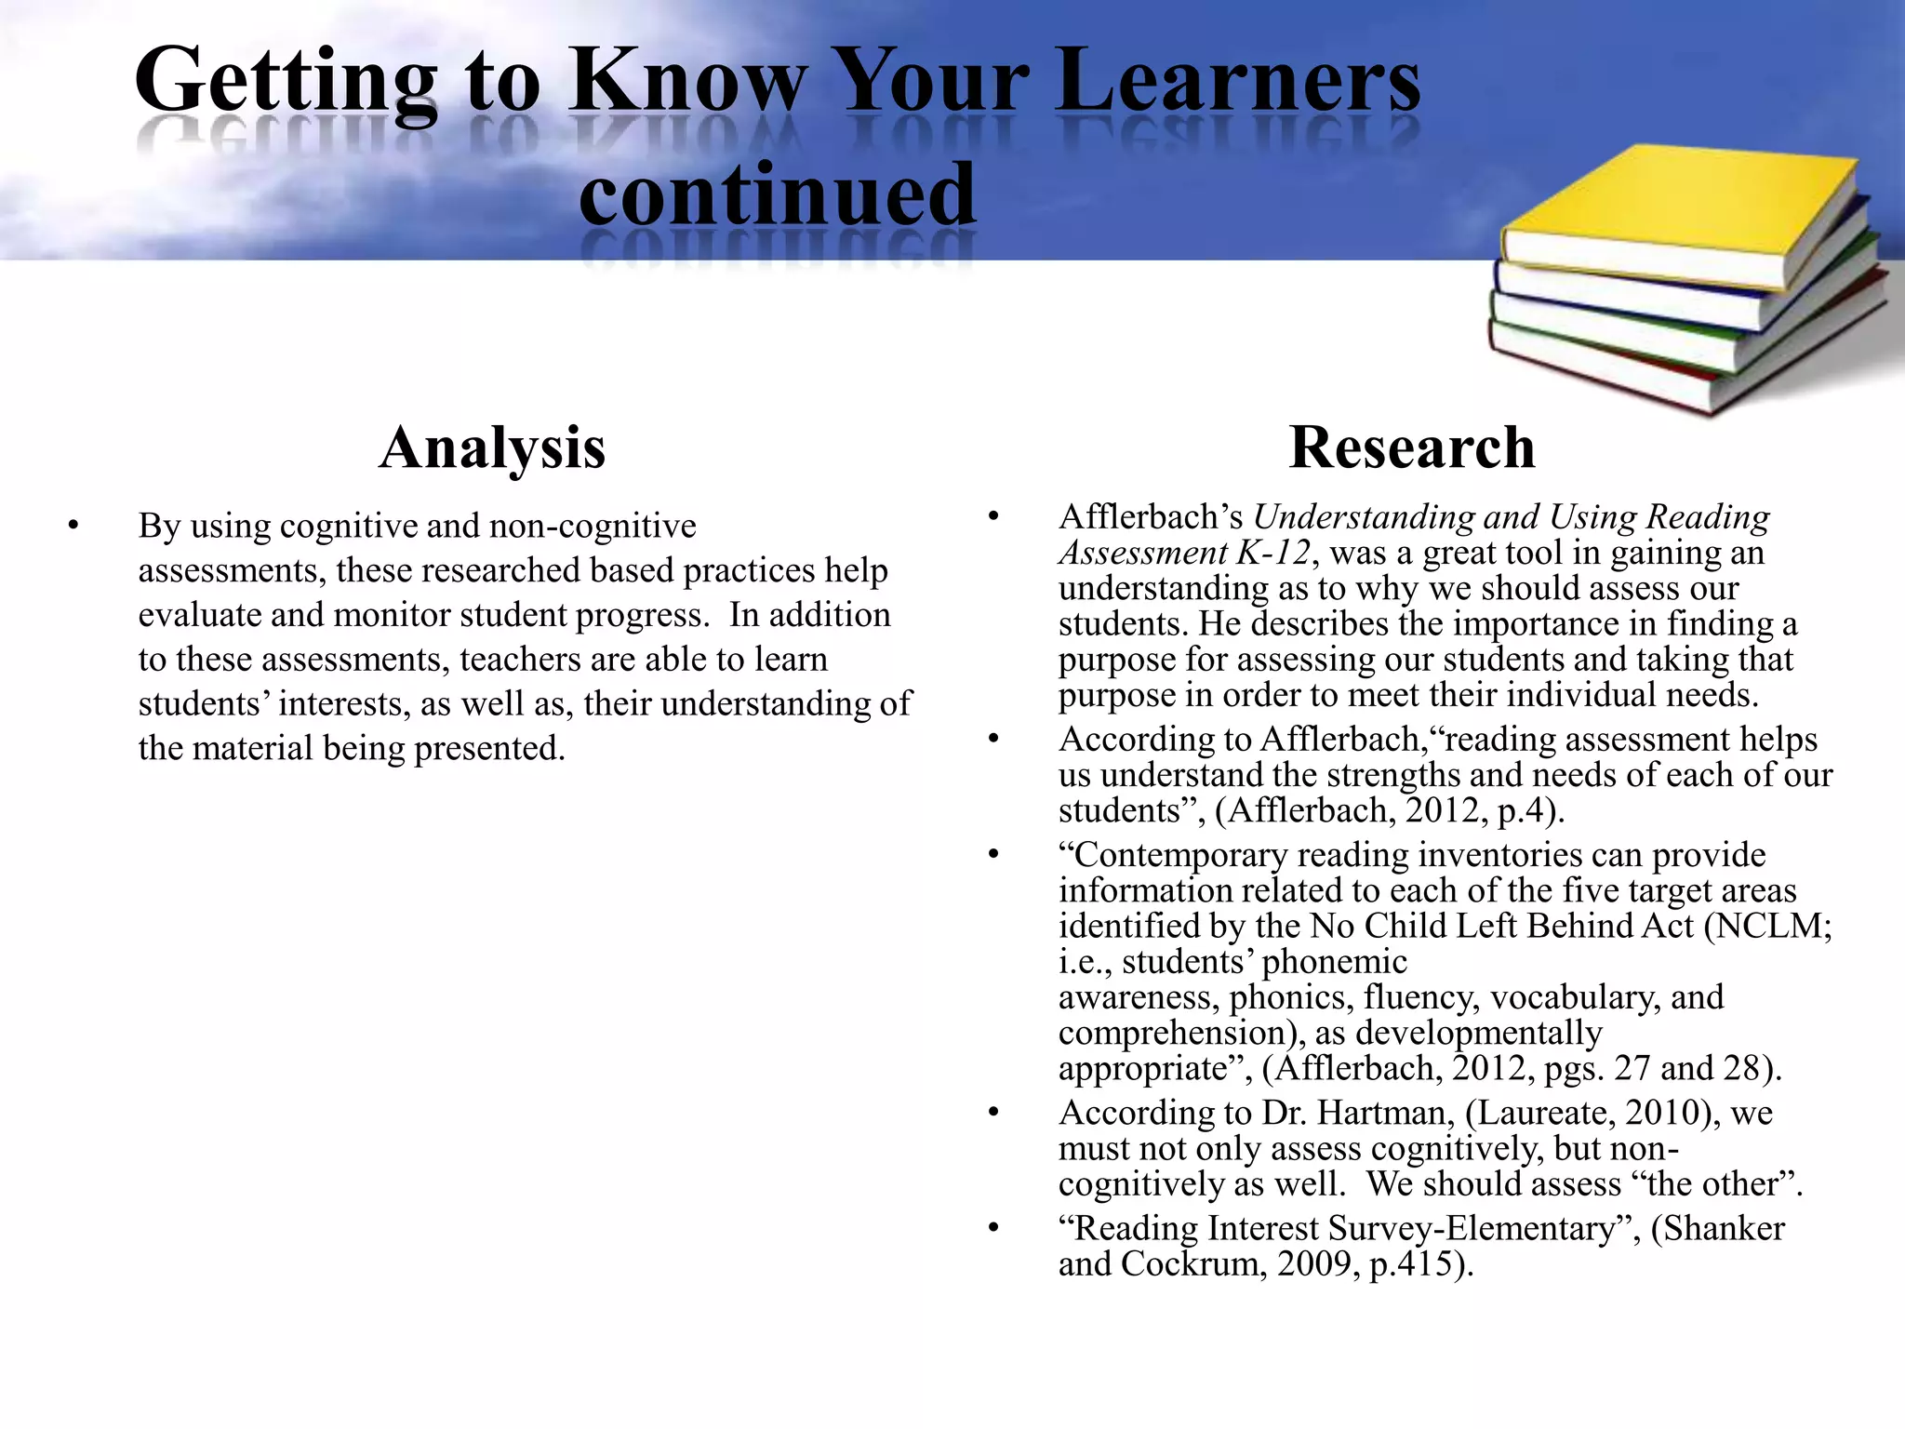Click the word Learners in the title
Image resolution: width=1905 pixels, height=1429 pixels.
coord(1238,82)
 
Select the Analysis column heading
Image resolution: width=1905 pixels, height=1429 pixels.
coord(492,447)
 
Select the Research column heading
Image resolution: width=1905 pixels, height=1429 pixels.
coord(1411,447)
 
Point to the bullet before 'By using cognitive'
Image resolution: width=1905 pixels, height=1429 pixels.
coord(73,527)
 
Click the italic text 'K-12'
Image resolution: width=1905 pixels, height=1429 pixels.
coord(1272,553)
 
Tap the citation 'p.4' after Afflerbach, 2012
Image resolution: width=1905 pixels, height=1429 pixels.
coord(1522,810)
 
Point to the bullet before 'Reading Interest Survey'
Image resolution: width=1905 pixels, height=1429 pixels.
coord(993,1229)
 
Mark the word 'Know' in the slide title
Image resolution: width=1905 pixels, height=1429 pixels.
coord(688,82)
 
